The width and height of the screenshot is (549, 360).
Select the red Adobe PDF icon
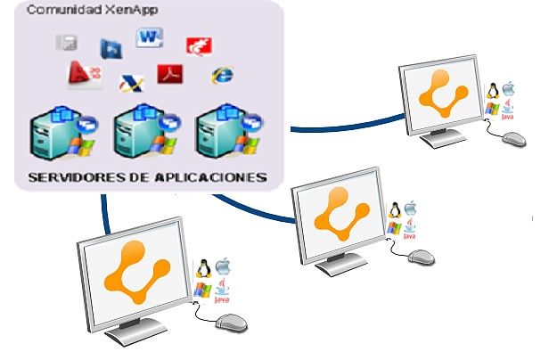click(x=169, y=73)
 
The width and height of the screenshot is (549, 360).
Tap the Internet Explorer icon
click(x=217, y=75)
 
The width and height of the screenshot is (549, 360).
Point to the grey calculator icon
click(x=66, y=42)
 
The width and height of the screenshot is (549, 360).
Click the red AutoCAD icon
click(x=78, y=73)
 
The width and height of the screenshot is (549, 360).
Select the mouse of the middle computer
click(x=421, y=257)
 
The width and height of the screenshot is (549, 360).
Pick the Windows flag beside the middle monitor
click(x=393, y=227)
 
